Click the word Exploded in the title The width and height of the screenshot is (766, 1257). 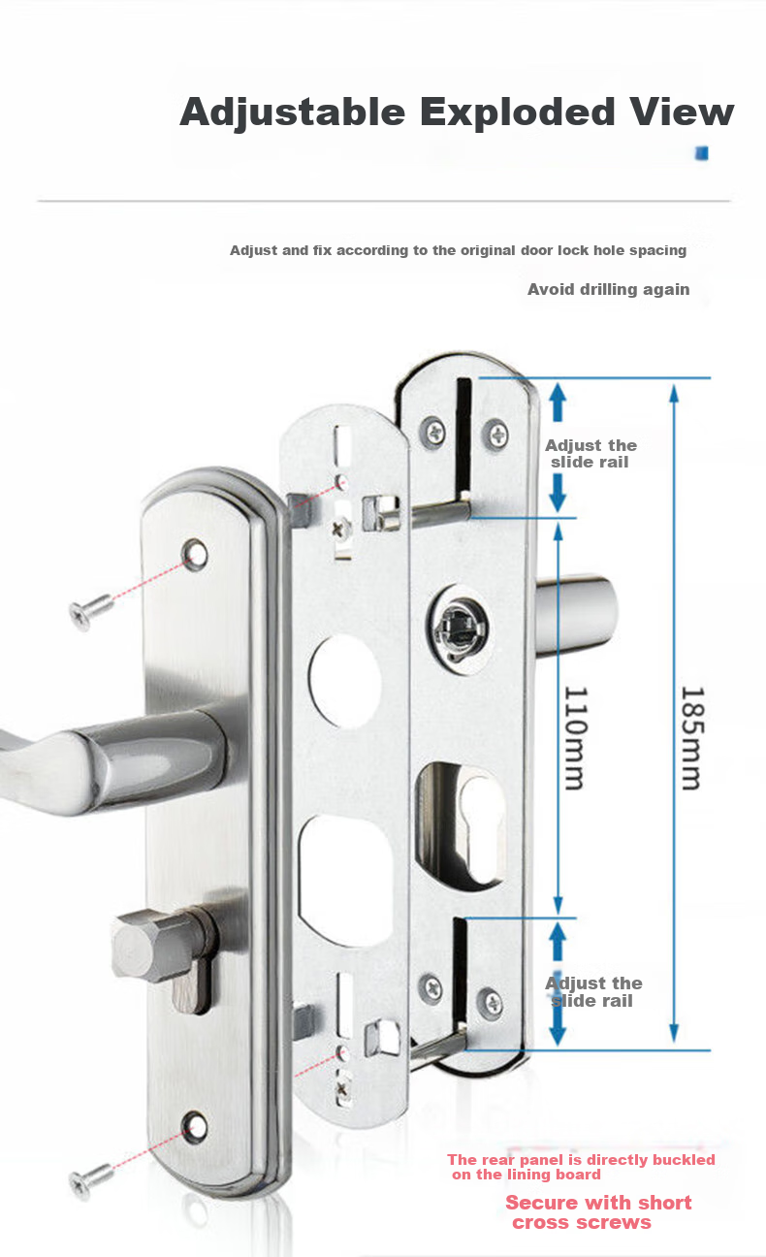(518, 113)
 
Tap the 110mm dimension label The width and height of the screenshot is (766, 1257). (576, 738)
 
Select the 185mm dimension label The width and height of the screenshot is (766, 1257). (692, 738)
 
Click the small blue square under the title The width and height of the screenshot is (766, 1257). (701, 152)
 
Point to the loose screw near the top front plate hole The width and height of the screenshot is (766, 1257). (89, 611)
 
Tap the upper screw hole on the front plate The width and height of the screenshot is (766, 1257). (195, 555)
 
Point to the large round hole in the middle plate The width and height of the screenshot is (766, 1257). (344, 682)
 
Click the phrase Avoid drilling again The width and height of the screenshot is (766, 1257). (608, 290)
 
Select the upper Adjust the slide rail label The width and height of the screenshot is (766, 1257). (590, 453)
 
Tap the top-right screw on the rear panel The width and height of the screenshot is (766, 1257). (496, 434)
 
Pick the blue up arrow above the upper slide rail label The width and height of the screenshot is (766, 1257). (558, 401)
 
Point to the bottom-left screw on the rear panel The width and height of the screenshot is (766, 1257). (431, 986)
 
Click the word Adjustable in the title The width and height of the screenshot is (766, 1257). (293, 113)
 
